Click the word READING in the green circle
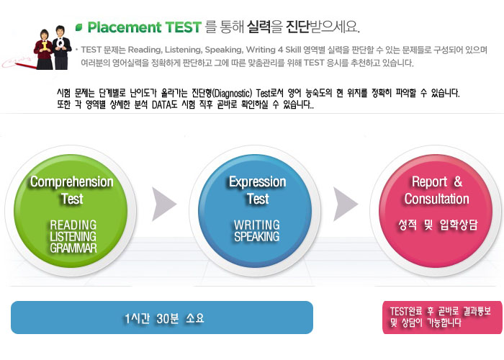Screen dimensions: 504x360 point(73,225)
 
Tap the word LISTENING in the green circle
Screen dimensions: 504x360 point(73,237)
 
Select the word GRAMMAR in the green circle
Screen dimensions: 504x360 point(73,248)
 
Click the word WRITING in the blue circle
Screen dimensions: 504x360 point(257,225)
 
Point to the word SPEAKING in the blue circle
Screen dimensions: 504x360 point(257,237)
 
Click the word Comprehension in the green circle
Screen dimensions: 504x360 point(72,182)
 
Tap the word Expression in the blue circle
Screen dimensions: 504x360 point(258,182)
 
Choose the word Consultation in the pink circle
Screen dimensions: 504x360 point(437,199)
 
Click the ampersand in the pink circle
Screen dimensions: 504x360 point(458,181)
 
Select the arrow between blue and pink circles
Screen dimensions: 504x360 point(344,204)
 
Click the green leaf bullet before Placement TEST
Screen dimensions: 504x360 point(78,27)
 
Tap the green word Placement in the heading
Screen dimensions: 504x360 point(125,27)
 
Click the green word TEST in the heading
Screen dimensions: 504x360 point(183,27)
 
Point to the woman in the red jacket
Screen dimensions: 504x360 point(44,50)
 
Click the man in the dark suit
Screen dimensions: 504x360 point(61,48)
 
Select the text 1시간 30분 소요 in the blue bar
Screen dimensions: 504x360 point(164,318)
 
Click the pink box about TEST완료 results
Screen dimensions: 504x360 point(442,318)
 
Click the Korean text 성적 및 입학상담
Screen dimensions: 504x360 point(438,225)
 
